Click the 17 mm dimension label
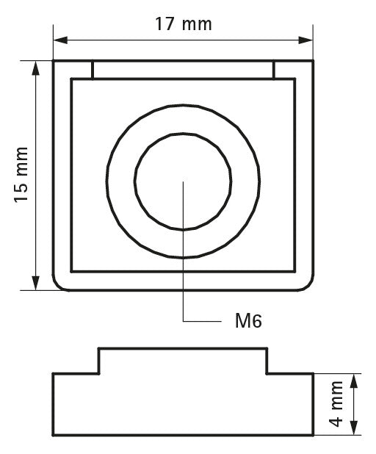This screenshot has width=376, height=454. click(x=184, y=24)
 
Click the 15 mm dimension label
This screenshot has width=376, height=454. click(x=22, y=175)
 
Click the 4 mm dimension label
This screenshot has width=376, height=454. click(x=336, y=404)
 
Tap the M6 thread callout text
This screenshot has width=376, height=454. click(x=248, y=321)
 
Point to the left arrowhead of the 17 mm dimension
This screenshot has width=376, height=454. click(x=60, y=40)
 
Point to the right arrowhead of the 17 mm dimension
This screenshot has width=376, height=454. click(x=305, y=40)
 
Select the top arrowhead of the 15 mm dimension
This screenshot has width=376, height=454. click(x=35, y=68)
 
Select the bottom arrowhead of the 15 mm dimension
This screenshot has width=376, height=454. click(x=35, y=283)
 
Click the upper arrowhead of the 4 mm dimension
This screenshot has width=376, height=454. click(x=354, y=381)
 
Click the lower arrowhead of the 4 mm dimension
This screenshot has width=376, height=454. click(x=354, y=428)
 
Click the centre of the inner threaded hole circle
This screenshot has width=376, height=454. click(x=183, y=182)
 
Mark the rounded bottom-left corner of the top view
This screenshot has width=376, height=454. click(x=57, y=286)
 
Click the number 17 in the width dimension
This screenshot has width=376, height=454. click(x=165, y=24)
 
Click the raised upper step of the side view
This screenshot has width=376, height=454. click(x=183, y=361)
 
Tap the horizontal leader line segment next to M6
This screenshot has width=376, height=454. click(x=202, y=321)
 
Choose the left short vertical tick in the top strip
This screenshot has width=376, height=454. click(x=93, y=70)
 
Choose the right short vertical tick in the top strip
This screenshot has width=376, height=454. click(x=273, y=70)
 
